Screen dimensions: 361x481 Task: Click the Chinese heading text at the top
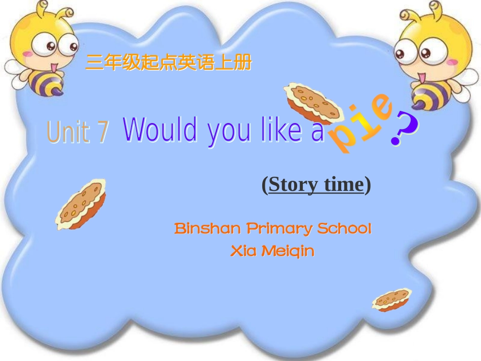(x=168, y=63)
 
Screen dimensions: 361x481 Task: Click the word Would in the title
(x=160, y=130)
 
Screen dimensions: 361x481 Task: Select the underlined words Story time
(x=316, y=185)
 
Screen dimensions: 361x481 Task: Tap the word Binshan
(x=208, y=228)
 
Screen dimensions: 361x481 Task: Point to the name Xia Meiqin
(x=272, y=251)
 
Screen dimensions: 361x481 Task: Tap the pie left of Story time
(x=81, y=205)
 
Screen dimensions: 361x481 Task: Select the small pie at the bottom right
(x=391, y=299)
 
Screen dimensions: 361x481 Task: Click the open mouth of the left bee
(x=54, y=66)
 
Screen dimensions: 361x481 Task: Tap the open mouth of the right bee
(x=421, y=77)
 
